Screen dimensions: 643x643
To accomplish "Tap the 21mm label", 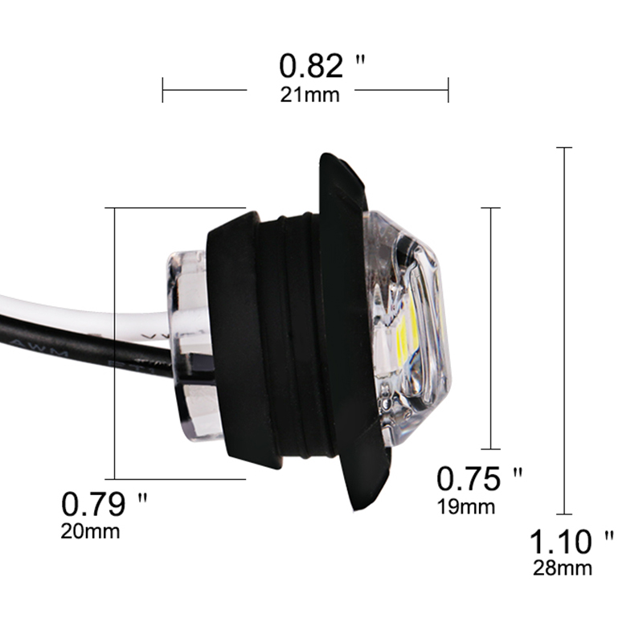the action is tap(310, 95).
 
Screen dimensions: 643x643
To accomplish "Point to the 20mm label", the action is tap(90, 531).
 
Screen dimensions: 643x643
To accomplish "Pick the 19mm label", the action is tap(466, 507).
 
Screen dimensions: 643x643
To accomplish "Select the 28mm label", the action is tap(563, 568).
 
